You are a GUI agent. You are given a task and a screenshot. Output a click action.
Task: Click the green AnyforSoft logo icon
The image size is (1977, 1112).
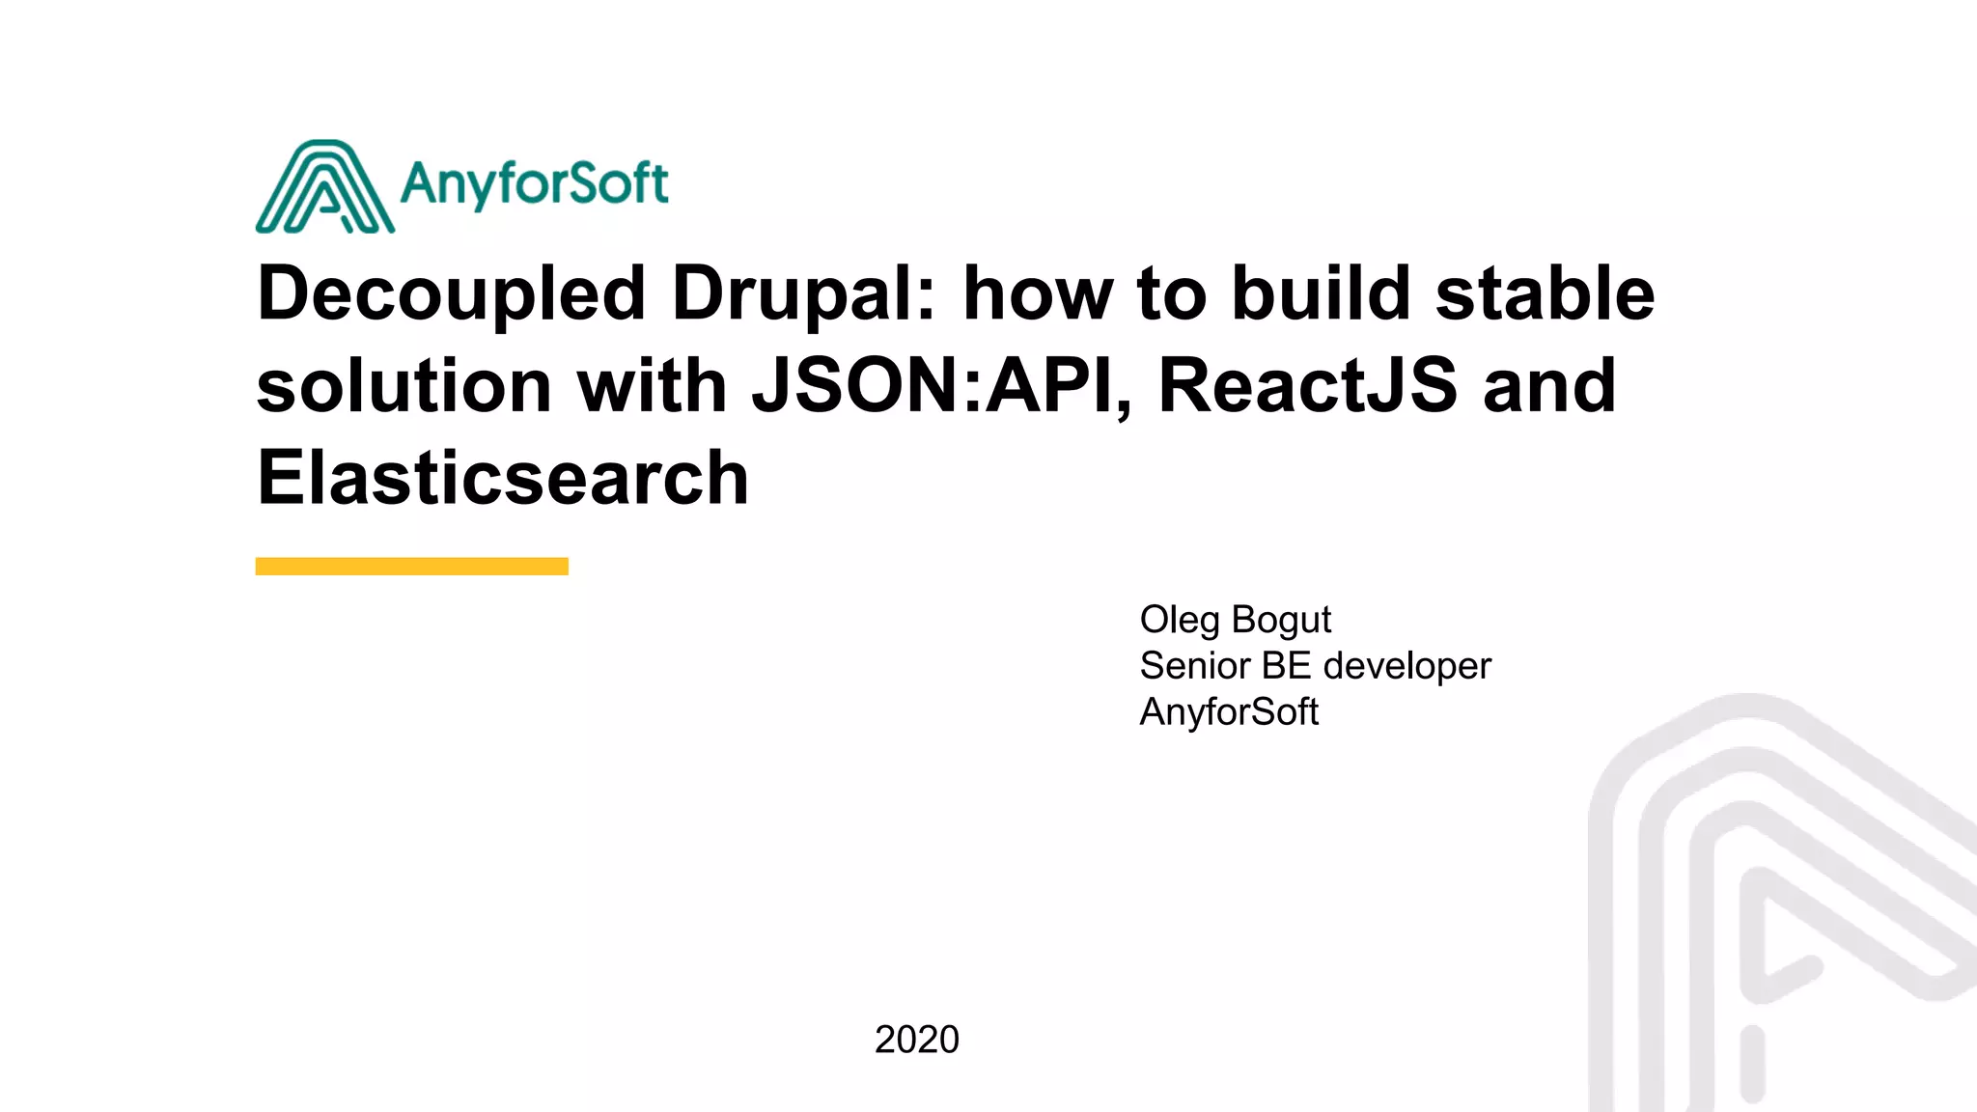point(324,188)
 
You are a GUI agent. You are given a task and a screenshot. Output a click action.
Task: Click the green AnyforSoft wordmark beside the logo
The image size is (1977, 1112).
point(534,183)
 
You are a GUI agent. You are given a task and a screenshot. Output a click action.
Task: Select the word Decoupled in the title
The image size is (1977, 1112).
point(451,294)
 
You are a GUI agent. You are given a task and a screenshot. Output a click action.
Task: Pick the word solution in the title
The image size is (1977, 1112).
point(404,386)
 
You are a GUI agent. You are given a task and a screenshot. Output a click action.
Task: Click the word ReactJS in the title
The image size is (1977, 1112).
point(1307,386)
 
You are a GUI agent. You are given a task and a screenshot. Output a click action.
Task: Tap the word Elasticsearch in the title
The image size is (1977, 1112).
point(502,478)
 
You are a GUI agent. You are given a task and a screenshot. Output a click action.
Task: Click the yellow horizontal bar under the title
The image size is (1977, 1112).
point(411,567)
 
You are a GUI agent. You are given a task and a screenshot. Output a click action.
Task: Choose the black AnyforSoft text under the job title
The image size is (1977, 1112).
point(1229,712)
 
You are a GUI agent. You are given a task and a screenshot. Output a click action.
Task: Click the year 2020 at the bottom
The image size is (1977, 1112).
point(916,1040)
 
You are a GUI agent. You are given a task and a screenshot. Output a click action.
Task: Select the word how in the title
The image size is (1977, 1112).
point(1037,294)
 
